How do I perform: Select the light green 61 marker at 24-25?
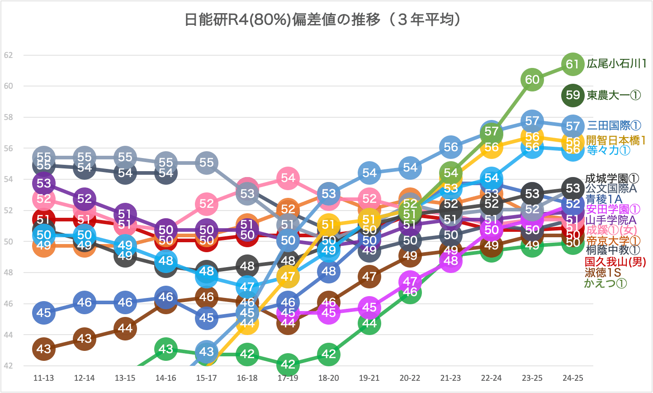point(573,64)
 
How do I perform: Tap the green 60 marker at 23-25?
point(532,80)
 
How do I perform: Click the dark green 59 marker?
point(573,95)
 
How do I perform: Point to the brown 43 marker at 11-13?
point(43,349)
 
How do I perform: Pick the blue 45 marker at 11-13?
point(43,312)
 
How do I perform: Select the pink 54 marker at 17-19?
point(288,178)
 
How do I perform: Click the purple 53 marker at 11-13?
point(43,183)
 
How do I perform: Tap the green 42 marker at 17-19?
point(288,364)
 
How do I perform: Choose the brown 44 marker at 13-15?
point(125,328)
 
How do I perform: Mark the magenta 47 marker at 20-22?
point(410,282)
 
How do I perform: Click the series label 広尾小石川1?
point(616,64)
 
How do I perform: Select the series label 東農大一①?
point(614,95)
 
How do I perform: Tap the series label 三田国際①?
point(614,126)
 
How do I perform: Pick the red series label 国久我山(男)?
point(615,262)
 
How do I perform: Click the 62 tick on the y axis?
point(8,55)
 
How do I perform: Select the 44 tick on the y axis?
point(8,335)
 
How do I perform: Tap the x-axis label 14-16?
point(166,378)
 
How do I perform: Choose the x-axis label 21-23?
point(450,378)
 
